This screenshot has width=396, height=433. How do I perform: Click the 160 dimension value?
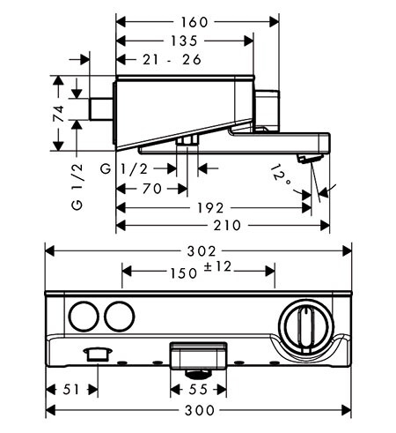pos(194,22)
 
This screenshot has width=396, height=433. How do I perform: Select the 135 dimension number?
pos(184,41)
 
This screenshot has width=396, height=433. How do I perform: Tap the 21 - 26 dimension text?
pos(172,60)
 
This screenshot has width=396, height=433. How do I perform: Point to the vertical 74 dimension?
pos(59,113)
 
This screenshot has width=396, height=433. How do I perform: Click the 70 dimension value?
pos(152,189)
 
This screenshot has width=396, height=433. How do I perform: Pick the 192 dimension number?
pos(210,208)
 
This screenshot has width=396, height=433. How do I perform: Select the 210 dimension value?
pos(227,226)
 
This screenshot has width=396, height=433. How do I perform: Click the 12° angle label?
pos(281,175)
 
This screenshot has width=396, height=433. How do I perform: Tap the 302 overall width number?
pos(202,251)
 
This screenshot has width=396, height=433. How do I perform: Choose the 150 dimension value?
pos(184,273)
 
